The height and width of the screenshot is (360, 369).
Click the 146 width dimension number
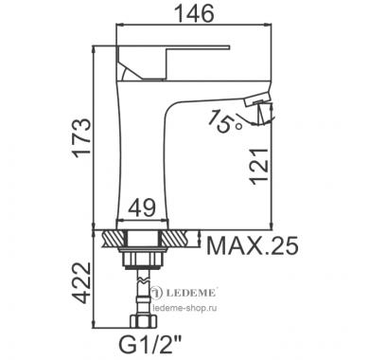click(x=194, y=13)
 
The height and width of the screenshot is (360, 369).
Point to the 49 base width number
click(x=142, y=207)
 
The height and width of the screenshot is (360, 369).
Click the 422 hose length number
click(x=81, y=282)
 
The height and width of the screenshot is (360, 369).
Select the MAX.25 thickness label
click(x=252, y=245)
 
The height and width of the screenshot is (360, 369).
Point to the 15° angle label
click(x=224, y=121)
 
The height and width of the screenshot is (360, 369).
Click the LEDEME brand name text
click(x=190, y=293)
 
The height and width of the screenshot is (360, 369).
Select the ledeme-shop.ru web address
click(x=184, y=308)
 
